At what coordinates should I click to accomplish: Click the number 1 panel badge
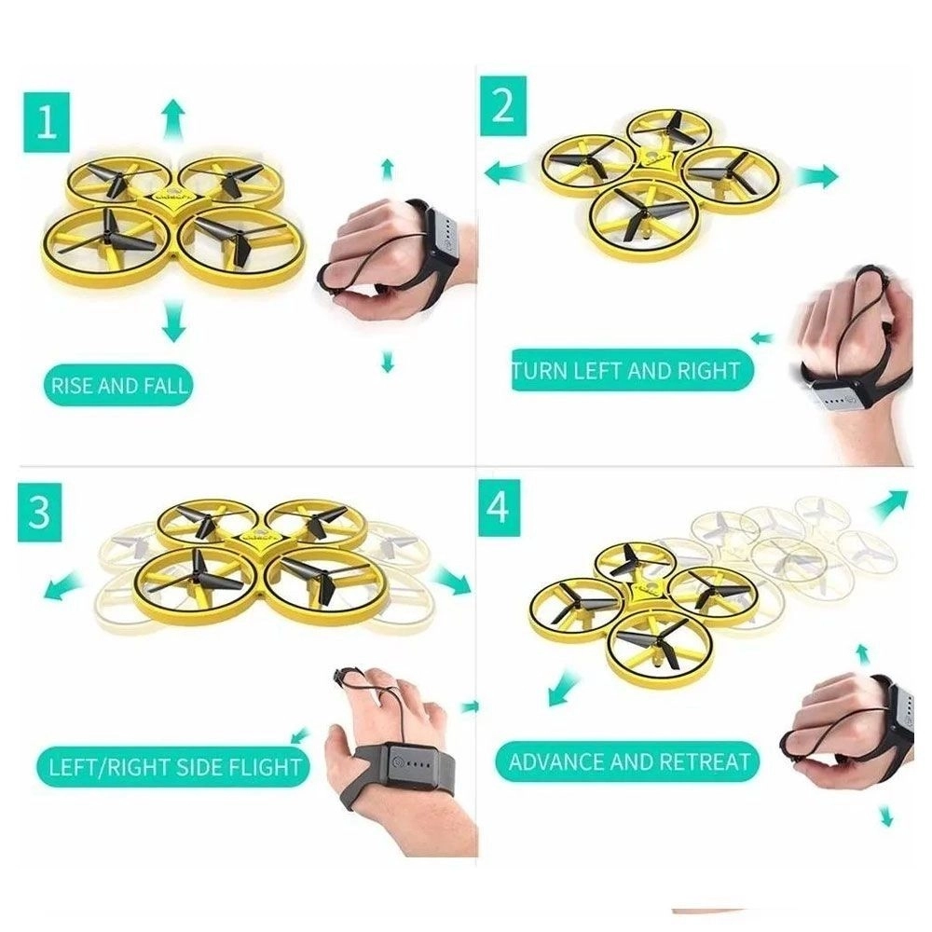(47, 122)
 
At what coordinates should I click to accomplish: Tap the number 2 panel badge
(503, 106)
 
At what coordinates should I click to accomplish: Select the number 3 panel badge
(40, 512)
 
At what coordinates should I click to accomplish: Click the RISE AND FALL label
(118, 386)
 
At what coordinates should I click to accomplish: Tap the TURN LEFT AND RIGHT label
(633, 370)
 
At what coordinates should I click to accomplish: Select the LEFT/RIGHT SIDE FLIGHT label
(173, 767)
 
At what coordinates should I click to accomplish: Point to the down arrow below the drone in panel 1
(173, 321)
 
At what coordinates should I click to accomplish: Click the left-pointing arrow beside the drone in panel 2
(506, 173)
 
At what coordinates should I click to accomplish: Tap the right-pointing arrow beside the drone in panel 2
(818, 176)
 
